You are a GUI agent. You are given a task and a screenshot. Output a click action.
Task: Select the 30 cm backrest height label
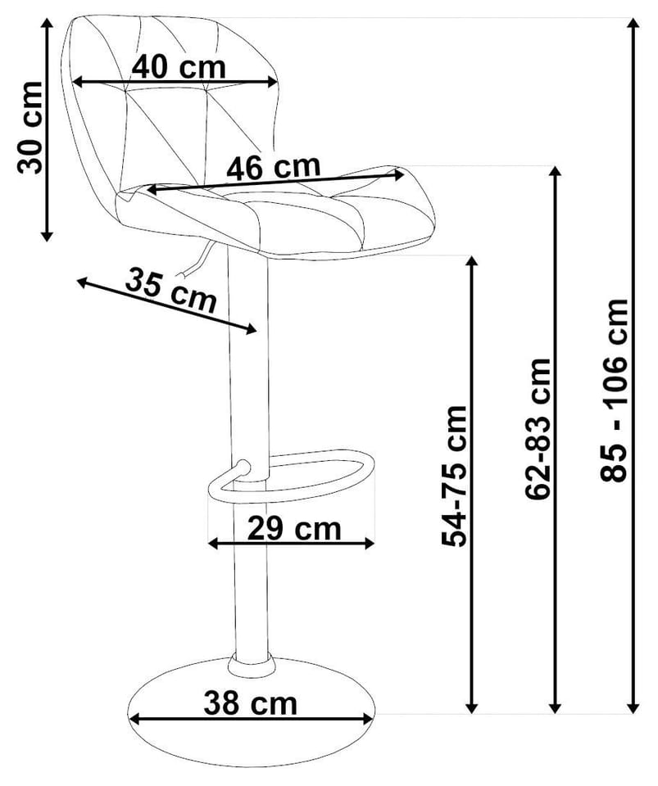tap(29, 128)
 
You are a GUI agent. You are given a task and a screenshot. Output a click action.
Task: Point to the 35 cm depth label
tap(170, 290)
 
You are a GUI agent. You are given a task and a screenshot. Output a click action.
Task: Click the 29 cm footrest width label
tap(294, 528)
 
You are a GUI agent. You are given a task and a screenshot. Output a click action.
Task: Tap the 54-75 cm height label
tap(454, 476)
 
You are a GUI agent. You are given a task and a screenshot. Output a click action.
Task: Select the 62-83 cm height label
tap(538, 429)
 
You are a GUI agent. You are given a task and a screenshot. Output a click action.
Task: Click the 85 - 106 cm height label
tap(615, 391)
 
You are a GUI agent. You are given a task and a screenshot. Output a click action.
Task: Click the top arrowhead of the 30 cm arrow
tap(47, 24)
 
